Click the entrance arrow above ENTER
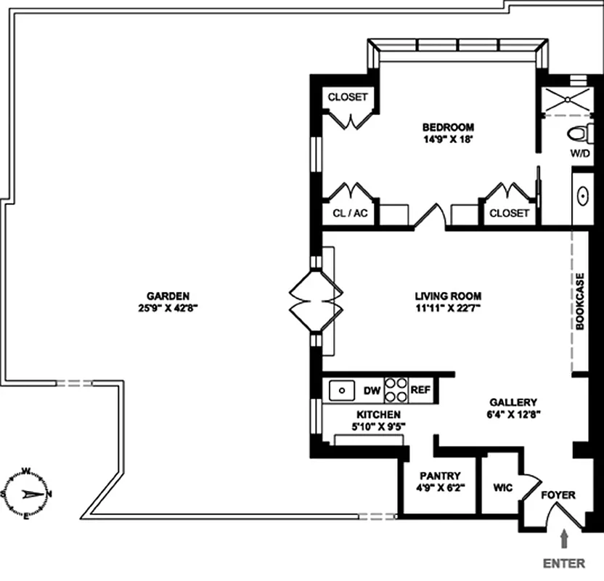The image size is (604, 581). (x=563, y=539)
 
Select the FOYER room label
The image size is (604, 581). (x=558, y=495)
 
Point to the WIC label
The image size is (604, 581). (x=502, y=487)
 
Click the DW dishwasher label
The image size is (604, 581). (x=372, y=391)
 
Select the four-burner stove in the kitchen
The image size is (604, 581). (x=396, y=390)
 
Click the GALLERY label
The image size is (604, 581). (x=513, y=402)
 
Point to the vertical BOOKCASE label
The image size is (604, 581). (x=580, y=301)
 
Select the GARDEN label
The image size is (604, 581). (x=168, y=296)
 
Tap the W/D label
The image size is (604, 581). (x=579, y=153)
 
